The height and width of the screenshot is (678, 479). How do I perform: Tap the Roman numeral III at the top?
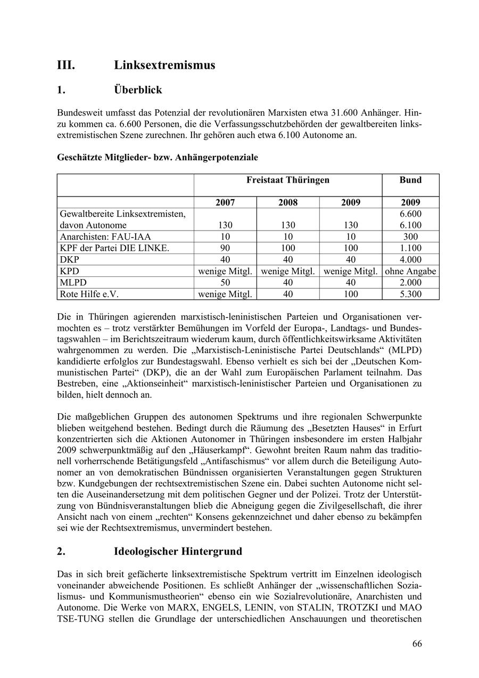coord(66,65)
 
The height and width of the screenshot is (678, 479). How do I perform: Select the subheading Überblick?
coord(138,90)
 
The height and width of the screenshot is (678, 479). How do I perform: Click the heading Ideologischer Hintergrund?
coord(178,551)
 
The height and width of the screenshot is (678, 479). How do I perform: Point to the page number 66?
coord(417,644)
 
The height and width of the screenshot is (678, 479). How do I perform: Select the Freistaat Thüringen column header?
coord(287,180)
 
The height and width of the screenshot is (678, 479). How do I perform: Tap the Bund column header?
coord(410,180)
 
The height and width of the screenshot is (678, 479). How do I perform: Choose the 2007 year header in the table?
coord(225,202)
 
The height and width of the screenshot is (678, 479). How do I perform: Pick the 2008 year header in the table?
coord(288,202)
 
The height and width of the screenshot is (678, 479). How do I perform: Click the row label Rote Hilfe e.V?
coord(89,294)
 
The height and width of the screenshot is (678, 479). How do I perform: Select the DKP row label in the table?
coord(70,259)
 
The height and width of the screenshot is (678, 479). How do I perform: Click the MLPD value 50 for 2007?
coord(225,283)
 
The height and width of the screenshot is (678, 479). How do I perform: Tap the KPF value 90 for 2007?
coord(225,248)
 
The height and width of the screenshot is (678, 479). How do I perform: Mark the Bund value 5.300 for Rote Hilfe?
coord(410,294)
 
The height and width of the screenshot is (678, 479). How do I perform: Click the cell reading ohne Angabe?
coord(410,271)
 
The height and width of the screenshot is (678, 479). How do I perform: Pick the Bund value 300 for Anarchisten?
coord(410,236)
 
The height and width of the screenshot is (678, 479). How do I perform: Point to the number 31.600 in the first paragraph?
coord(343,113)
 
